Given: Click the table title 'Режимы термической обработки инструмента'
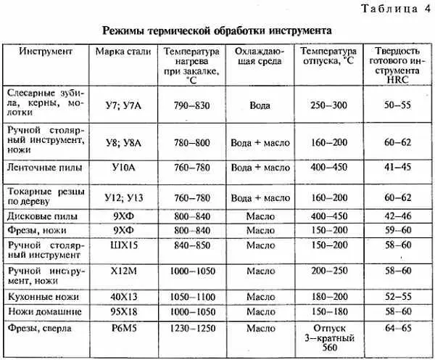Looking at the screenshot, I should (217, 32).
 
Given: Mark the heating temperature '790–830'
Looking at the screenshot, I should (191, 106).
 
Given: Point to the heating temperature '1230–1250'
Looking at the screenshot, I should (191, 328).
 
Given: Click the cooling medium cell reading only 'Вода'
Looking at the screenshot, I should (260, 106).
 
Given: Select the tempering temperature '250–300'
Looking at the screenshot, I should (328, 106).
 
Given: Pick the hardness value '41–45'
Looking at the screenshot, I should (397, 167).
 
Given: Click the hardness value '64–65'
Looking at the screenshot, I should (397, 328).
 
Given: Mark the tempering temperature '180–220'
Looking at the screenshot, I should (328, 296).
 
